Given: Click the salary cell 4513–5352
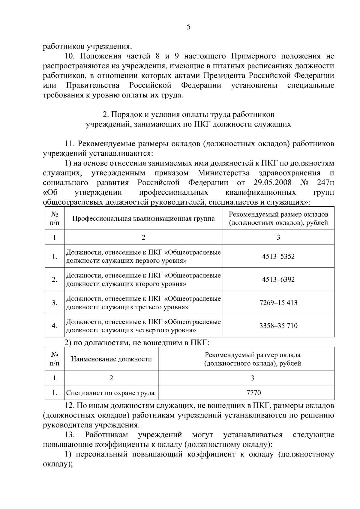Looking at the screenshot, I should (x=278, y=256).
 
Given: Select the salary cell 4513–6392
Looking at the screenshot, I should (x=278, y=280).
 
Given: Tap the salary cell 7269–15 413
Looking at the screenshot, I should (x=278, y=303).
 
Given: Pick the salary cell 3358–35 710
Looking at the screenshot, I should (x=278, y=326).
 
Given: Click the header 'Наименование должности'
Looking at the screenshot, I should (x=111, y=359).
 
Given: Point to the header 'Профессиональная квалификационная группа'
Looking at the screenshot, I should (x=143, y=218).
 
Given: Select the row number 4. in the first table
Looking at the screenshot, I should (x=54, y=326).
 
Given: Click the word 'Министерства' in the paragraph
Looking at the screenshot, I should (x=224, y=173).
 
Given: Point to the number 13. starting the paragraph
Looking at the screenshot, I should (x=70, y=435).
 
